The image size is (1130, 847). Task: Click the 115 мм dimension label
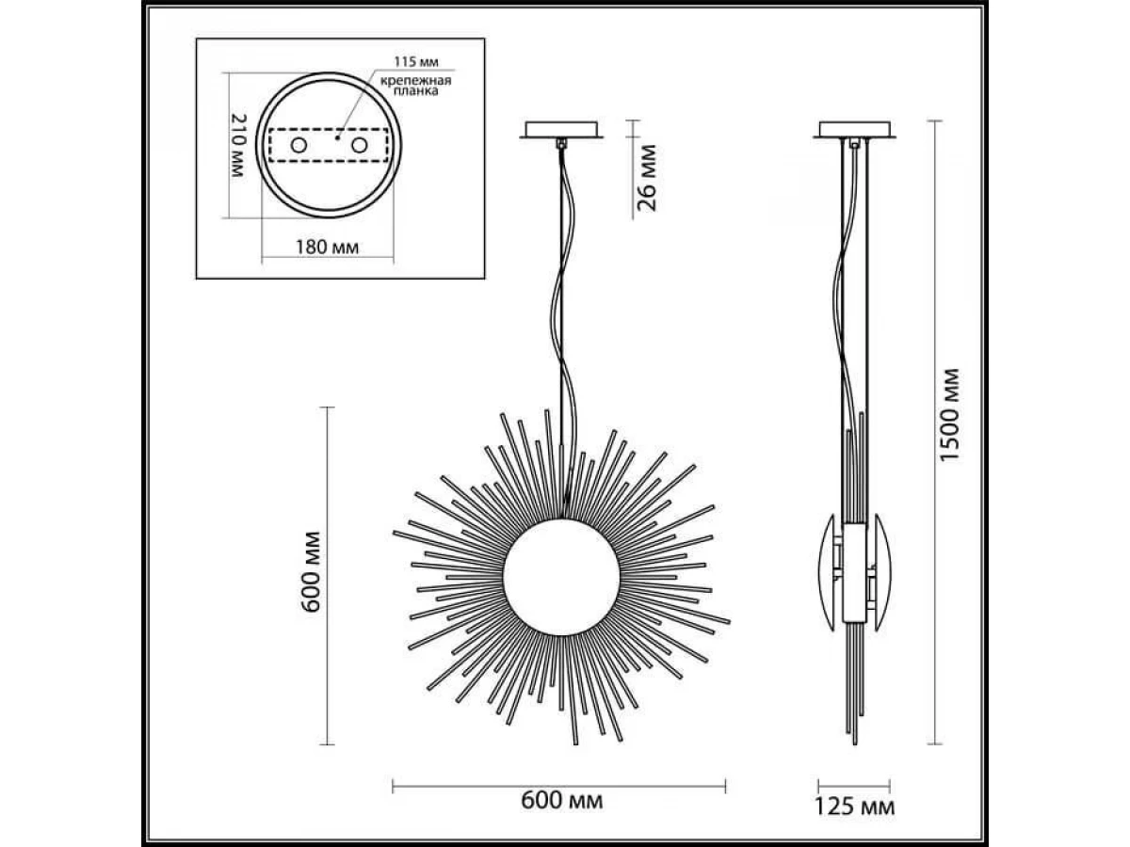click(x=416, y=62)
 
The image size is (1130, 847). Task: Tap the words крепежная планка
click(x=416, y=86)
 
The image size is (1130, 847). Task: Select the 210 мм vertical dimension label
click(x=238, y=146)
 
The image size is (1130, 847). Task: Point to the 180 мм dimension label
click(x=327, y=248)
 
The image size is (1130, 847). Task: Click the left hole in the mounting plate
click(x=299, y=146)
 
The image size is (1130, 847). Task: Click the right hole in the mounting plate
click(x=360, y=146)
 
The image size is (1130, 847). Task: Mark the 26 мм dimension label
click(x=647, y=178)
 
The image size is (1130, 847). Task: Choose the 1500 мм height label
click(x=950, y=415)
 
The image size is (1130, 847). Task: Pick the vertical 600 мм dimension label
click(x=311, y=572)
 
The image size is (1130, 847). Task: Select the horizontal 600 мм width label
click(x=561, y=801)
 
